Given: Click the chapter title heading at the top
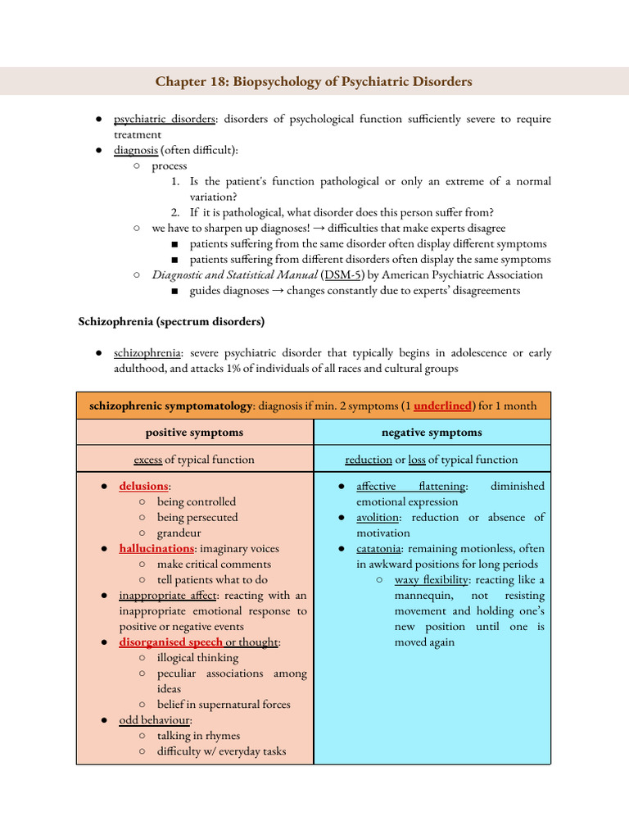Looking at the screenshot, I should (314, 82).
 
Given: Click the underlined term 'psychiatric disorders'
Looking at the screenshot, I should (164, 119).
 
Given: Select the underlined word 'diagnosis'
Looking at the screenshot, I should (135, 150).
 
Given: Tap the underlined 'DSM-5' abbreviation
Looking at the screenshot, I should (344, 274).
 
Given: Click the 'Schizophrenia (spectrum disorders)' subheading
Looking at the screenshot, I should (170, 320).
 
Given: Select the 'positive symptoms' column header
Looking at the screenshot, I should (194, 432).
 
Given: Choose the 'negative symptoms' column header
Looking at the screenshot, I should (432, 432).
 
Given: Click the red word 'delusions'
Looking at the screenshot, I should (143, 486).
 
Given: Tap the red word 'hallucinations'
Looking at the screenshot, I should (156, 548).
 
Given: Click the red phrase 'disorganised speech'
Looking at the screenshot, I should (170, 642).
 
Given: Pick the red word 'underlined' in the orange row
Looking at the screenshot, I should (442, 406).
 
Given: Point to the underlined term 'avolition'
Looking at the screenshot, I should (378, 517).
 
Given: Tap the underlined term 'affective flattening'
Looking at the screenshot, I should (410, 486).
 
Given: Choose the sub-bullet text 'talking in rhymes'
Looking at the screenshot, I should (198, 735).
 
